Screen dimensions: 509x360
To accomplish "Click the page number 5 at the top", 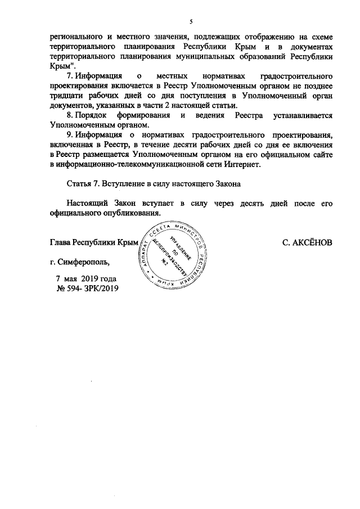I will tap(191, 22).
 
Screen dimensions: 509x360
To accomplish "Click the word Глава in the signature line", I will tap(61, 242).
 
